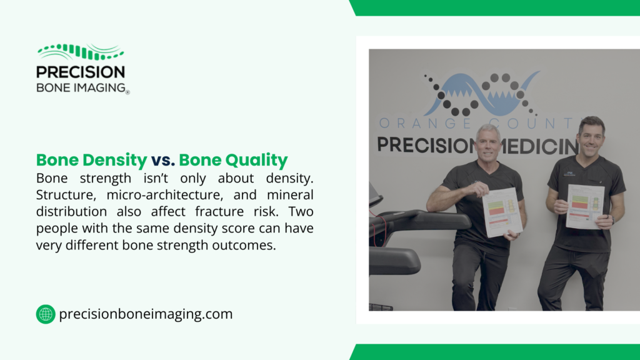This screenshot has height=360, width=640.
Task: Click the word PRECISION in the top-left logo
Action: point(81,72)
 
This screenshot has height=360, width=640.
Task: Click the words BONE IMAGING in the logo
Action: point(81,87)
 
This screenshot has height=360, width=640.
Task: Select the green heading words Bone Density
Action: point(91,161)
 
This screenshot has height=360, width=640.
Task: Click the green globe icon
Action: point(46,314)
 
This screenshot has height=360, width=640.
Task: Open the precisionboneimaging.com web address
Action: point(146,314)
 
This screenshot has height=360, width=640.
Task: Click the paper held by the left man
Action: point(502,212)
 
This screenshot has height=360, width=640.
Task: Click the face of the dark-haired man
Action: point(590,137)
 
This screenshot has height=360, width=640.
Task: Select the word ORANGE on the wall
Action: point(412,122)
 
